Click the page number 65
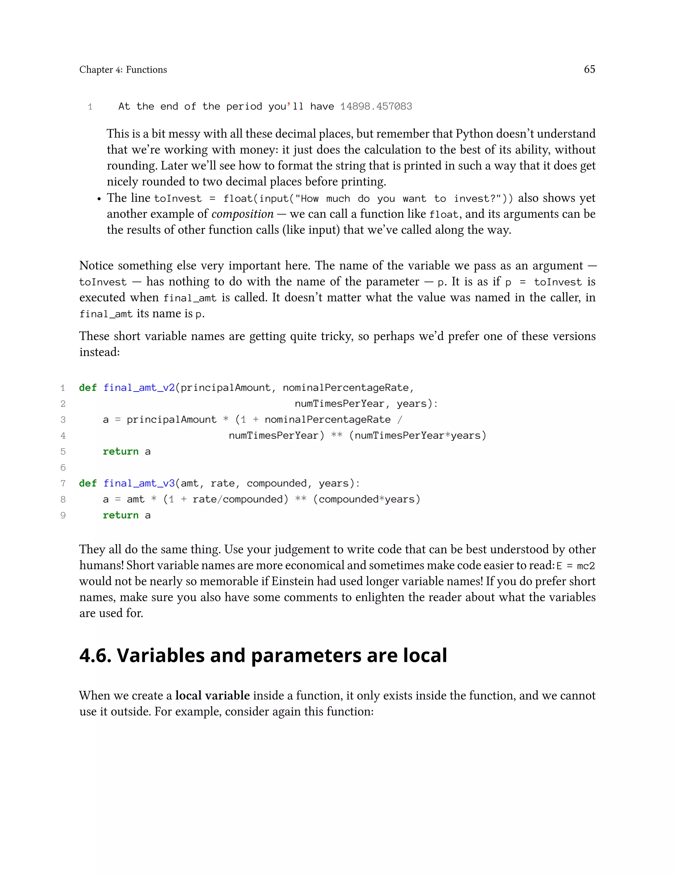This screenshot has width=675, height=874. tap(589, 69)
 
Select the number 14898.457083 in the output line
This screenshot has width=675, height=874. tap(376, 107)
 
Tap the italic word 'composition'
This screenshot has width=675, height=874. tap(242, 214)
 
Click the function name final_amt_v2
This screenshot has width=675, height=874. tap(139, 388)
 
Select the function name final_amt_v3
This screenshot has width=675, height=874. tap(139, 484)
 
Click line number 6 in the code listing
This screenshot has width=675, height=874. tap(63, 467)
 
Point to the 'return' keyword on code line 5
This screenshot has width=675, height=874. tap(120, 452)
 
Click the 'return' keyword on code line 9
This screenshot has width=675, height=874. tap(120, 515)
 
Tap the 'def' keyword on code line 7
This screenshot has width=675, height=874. tap(88, 484)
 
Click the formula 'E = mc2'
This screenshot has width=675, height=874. tap(575, 566)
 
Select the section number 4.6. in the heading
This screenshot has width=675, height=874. tap(95, 656)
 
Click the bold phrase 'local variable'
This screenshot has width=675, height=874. tap(212, 696)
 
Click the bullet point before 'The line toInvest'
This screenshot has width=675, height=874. tap(99, 199)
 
